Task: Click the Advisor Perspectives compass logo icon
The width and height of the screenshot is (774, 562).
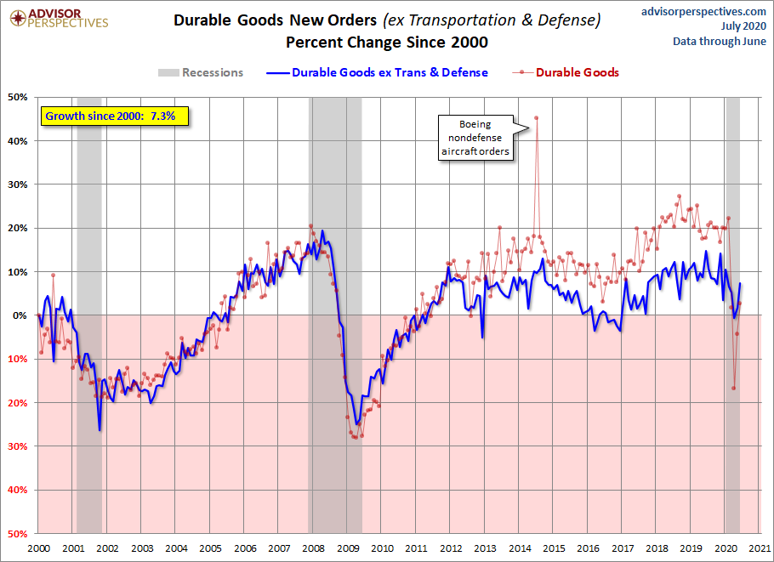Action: click(x=18, y=18)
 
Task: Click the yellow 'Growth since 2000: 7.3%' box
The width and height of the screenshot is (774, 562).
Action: click(x=115, y=116)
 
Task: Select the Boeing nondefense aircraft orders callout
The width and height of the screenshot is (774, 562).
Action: click(x=475, y=138)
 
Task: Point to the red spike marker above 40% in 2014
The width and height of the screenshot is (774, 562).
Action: click(x=536, y=117)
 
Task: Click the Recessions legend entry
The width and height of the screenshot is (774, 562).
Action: click(x=201, y=72)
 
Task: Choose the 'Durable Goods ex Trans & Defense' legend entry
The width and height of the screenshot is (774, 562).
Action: click(x=377, y=72)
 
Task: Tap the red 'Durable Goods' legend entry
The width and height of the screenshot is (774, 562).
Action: click(x=566, y=72)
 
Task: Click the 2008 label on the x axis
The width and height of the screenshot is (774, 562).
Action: click(x=314, y=548)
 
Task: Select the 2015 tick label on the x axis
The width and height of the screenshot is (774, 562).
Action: click(x=554, y=548)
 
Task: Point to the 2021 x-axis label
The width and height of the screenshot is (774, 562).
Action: click(x=760, y=548)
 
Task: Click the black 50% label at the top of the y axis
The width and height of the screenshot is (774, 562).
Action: click(x=18, y=97)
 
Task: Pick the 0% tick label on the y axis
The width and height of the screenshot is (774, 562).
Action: click(x=20, y=315)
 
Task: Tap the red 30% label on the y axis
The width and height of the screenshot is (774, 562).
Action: click(x=18, y=446)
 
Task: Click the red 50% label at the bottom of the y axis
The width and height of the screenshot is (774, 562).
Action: click(x=18, y=533)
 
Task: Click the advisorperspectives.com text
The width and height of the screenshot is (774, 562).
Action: click(x=703, y=11)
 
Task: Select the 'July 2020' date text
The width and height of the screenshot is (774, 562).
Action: click(x=743, y=26)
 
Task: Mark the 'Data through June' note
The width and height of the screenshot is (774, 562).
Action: click(x=720, y=42)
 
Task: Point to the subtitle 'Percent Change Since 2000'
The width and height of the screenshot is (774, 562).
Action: click(x=387, y=43)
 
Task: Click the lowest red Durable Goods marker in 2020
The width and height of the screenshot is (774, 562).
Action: click(x=733, y=388)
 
